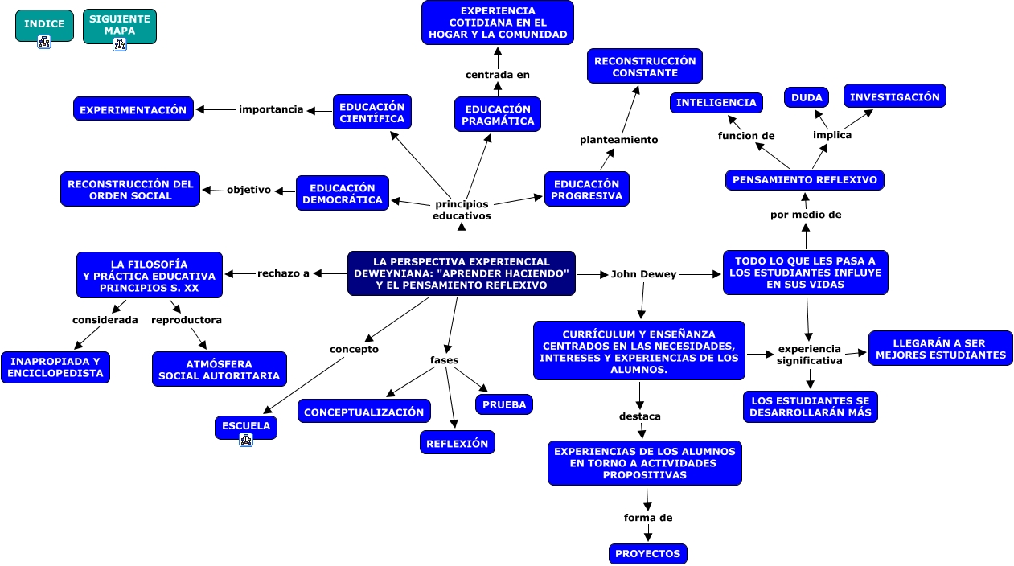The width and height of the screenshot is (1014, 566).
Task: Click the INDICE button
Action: tap(44, 24)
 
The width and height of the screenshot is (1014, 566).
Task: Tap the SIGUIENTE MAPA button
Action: tap(119, 25)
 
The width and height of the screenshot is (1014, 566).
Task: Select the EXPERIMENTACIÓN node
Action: tap(133, 109)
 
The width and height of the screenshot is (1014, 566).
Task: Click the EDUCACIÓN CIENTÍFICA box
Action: tap(372, 113)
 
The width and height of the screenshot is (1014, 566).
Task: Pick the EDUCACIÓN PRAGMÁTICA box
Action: tap(497, 115)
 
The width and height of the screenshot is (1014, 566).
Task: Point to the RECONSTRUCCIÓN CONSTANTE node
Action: tap(644, 67)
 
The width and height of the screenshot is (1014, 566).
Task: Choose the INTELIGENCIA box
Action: tap(716, 103)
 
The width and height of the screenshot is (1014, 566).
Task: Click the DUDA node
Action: tap(807, 98)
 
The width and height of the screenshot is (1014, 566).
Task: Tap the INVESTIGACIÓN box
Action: tap(894, 96)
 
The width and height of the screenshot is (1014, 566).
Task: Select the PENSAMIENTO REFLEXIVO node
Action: tap(804, 180)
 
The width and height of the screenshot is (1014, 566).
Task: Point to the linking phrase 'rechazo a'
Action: tap(283, 273)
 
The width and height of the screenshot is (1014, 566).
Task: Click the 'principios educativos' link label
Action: tap(462, 210)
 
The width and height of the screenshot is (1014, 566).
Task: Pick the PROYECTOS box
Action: tap(647, 554)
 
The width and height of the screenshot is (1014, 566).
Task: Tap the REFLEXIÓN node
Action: tap(457, 443)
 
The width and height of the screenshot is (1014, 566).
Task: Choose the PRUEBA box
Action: tap(504, 404)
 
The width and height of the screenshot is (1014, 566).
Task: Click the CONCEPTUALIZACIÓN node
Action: tap(363, 412)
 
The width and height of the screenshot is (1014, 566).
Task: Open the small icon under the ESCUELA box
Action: tap(246, 440)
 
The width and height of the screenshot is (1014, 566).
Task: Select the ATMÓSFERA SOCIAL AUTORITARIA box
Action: tap(219, 370)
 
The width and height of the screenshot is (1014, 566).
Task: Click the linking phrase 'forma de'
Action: tap(648, 518)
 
